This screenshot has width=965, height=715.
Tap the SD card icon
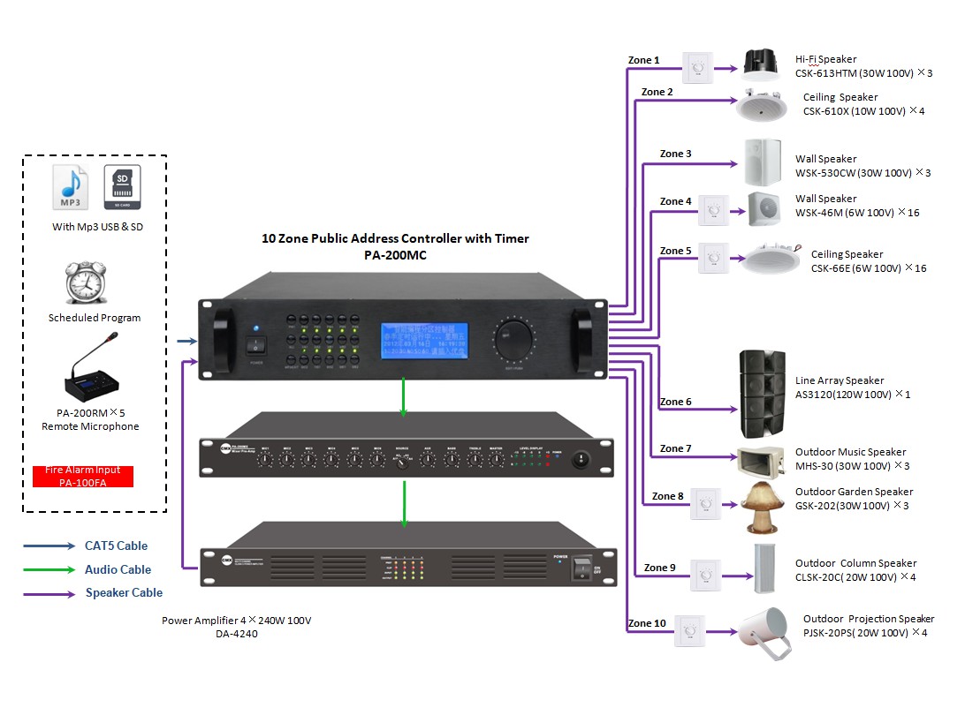click(x=122, y=187)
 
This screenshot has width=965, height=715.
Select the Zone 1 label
click(x=643, y=60)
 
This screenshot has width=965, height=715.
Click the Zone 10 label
click(x=647, y=623)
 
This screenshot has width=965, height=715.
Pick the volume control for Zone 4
click(x=714, y=209)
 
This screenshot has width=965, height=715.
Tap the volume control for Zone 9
click(x=705, y=576)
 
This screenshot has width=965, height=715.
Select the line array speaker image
click(x=761, y=394)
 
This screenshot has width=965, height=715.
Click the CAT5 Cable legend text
click(x=116, y=546)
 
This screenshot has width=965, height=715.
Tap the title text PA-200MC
click(x=395, y=256)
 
